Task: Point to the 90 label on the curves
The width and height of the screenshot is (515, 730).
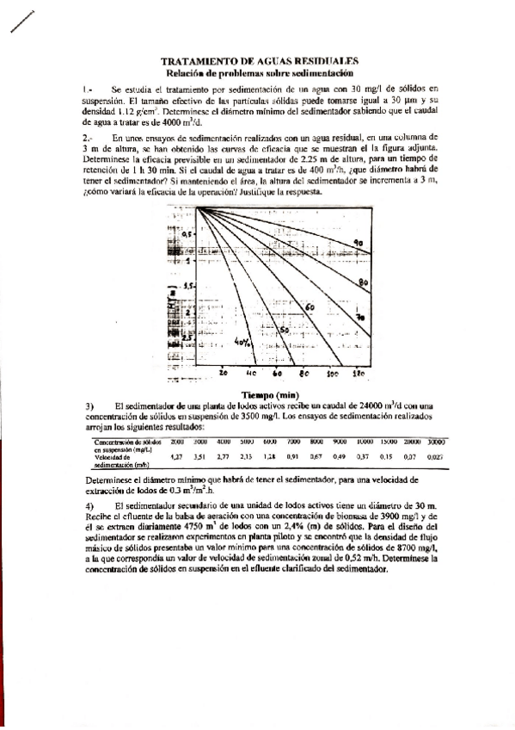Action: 359,244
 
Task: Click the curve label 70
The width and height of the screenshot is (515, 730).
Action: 360,318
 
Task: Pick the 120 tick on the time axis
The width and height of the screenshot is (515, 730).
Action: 359,374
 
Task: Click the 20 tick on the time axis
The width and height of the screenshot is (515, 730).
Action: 199,374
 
